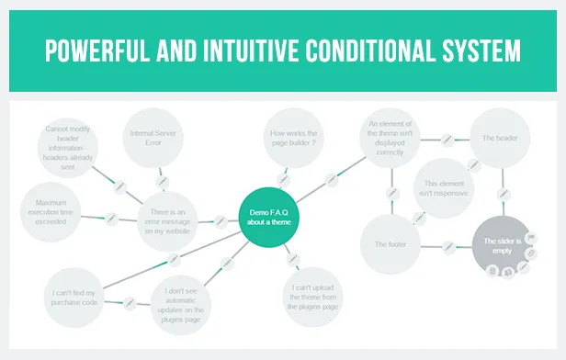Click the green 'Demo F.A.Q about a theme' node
click(x=269, y=218)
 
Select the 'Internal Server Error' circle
click(x=153, y=138)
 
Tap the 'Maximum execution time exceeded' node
click(x=51, y=212)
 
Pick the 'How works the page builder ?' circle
click(x=293, y=138)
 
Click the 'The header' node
click(x=500, y=138)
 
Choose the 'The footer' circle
click(x=391, y=244)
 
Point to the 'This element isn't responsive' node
click(x=444, y=188)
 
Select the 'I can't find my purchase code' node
click(x=74, y=298)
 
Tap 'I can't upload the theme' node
click(x=312, y=297)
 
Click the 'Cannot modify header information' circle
click(x=68, y=148)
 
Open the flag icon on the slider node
click(x=531, y=238)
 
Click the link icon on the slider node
click(x=531, y=253)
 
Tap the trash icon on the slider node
click(x=492, y=271)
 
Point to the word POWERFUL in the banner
click(x=97, y=51)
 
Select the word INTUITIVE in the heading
click(x=251, y=51)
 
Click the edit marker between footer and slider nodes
click(x=448, y=247)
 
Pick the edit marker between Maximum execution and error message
click(x=111, y=219)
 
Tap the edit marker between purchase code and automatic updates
click(x=130, y=303)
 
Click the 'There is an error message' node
click(x=167, y=221)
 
